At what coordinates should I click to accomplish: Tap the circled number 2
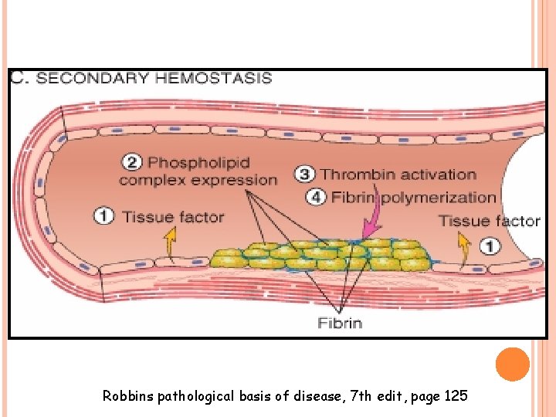(x=132, y=163)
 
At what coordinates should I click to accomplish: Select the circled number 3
(x=306, y=175)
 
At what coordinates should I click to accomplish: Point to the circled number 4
(x=316, y=198)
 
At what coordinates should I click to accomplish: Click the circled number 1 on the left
(x=104, y=216)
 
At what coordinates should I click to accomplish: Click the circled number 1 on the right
(x=490, y=246)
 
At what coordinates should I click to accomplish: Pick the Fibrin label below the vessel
(x=340, y=323)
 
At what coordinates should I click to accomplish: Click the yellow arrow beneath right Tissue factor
(x=463, y=247)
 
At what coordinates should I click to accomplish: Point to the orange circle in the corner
(x=512, y=364)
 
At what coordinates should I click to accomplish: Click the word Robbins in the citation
(x=128, y=397)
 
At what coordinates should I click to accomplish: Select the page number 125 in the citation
(x=456, y=397)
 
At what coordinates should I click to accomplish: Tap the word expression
(x=240, y=181)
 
